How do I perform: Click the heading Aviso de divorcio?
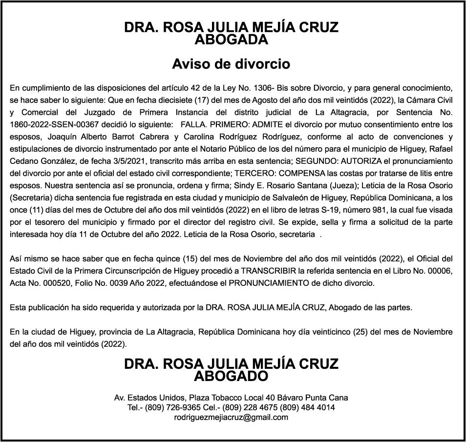tap(231, 64)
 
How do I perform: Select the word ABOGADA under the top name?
tap(231, 40)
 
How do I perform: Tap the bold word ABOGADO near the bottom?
tap(231, 376)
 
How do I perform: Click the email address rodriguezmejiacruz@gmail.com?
tap(231, 418)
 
